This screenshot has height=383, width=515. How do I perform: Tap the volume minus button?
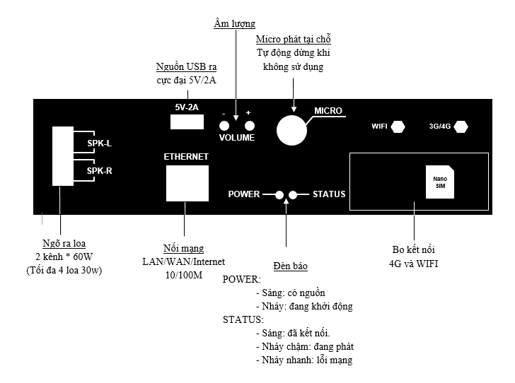[224, 125]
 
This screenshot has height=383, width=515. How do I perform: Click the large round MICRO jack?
[291, 129]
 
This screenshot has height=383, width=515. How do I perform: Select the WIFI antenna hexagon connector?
[398, 127]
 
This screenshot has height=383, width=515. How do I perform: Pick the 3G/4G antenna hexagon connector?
[461, 127]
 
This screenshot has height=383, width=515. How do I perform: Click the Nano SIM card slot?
[439, 182]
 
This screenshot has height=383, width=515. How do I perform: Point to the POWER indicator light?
[279, 194]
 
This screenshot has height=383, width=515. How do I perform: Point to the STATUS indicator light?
[294, 194]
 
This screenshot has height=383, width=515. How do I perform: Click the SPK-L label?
[99, 143]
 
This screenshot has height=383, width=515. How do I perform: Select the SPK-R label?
[99, 170]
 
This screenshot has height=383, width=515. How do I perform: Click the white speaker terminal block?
[62, 156]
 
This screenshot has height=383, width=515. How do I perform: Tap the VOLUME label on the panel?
[236, 138]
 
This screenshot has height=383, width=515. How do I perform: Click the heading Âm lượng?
[234, 24]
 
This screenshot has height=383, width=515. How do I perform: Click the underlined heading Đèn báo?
[287, 266]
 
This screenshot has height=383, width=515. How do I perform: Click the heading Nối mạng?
[183, 249]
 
